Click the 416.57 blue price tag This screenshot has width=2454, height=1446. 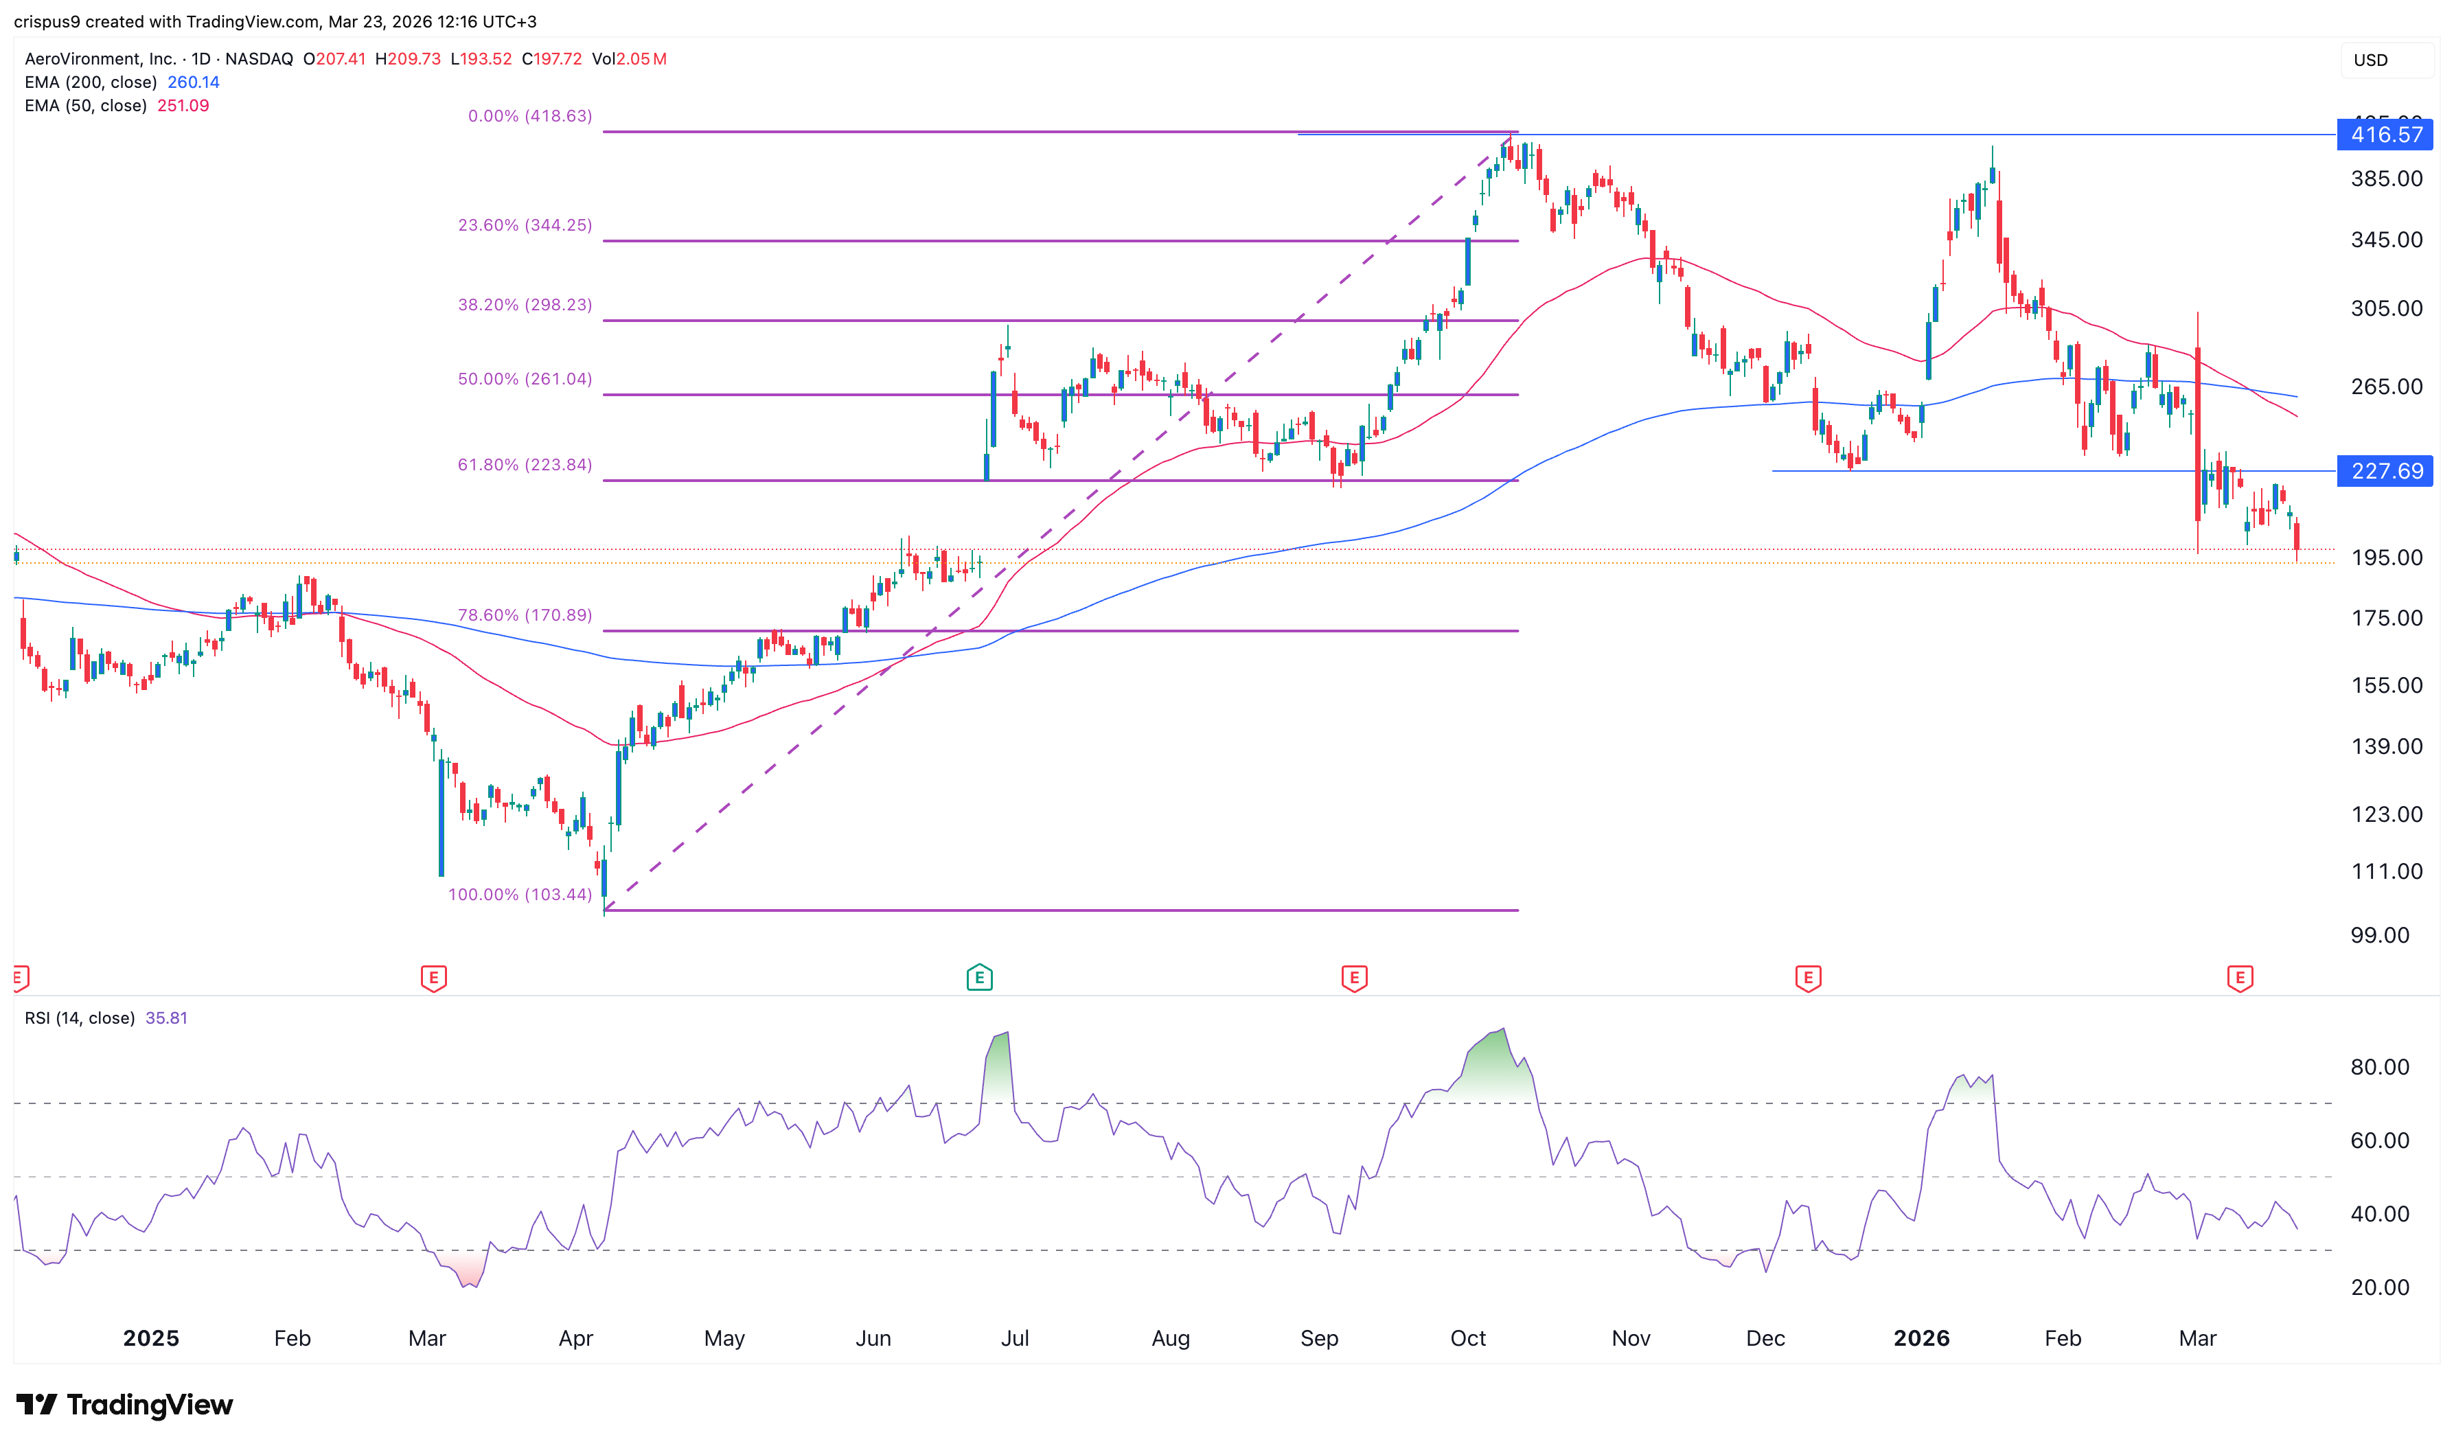tap(2384, 135)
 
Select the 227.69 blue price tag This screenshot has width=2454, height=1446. tap(2384, 472)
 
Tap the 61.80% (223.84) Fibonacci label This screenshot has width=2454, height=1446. tap(525, 465)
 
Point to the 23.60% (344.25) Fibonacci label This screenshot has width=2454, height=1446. tap(525, 225)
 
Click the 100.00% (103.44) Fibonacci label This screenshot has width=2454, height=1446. tap(519, 895)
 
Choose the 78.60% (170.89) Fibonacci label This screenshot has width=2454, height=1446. tap(525, 615)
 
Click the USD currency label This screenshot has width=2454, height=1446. tap(2370, 60)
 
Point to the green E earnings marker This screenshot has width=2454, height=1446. tap(979, 977)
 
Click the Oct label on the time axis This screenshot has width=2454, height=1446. tap(1467, 1339)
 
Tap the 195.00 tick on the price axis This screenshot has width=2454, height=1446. tap(2386, 558)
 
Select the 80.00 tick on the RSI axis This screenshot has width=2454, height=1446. tap(2379, 1067)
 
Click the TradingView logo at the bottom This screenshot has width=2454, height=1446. tap(125, 1405)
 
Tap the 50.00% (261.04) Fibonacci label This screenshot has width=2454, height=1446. tap(525, 379)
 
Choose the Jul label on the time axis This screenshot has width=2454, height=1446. tap(1014, 1339)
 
